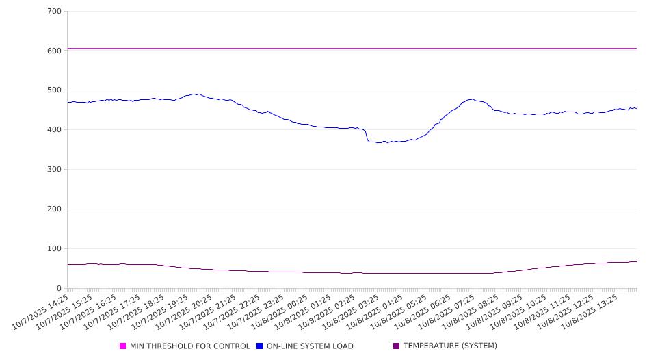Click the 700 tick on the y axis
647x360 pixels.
(x=55, y=12)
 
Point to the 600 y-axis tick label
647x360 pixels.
(x=55, y=51)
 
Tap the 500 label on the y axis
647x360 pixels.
(x=55, y=90)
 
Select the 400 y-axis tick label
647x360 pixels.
(x=55, y=130)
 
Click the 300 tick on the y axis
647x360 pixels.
(x=55, y=170)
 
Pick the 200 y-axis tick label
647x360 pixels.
(x=55, y=209)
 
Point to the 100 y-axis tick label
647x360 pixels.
(x=55, y=249)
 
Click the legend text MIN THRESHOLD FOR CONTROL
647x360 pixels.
(x=189, y=346)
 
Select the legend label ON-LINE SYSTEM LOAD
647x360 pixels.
(x=310, y=346)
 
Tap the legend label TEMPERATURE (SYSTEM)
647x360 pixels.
(x=450, y=346)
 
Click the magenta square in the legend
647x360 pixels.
(x=123, y=346)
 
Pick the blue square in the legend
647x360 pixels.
(x=260, y=346)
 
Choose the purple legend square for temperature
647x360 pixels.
(x=397, y=346)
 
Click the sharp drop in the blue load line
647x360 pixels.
(x=367, y=135)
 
